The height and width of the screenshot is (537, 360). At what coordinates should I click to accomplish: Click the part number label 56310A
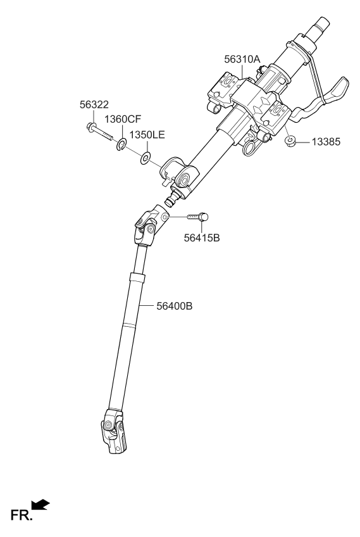point(242,59)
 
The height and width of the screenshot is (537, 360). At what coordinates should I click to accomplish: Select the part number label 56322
point(93,106)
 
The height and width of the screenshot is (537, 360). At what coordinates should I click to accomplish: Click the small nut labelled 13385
point(288,141)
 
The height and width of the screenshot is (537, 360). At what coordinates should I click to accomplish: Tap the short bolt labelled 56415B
point(197,217)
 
